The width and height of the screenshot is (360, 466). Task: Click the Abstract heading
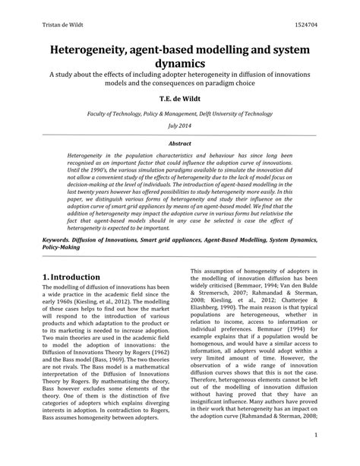point(180,142)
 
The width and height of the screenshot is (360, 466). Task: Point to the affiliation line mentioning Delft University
point(180,111)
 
